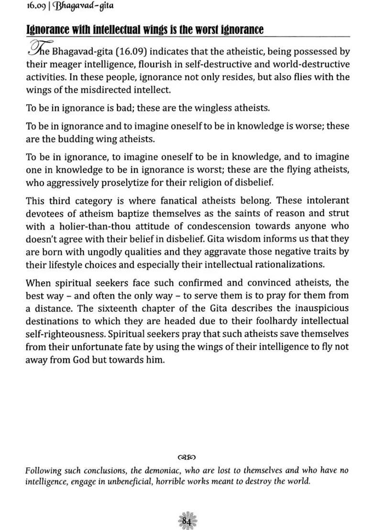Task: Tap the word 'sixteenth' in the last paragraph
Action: tap(115, 308)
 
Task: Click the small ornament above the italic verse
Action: tap(186, 456)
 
